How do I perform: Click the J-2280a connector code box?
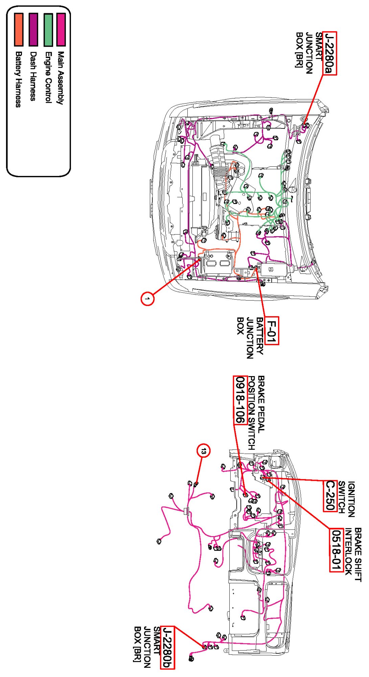tap(330, 53)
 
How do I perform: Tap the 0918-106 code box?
tap(239, 400)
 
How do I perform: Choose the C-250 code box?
tap(329, 495)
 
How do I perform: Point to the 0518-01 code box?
tap(336, 550)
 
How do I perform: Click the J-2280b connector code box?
tap(167, 647)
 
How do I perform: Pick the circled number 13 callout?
tap(203, 451)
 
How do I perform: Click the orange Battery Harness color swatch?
tap(19, 29)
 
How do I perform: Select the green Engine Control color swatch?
tap(48, 30)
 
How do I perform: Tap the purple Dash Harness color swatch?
tap(33, 29)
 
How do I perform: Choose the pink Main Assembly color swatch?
tap(61, 29)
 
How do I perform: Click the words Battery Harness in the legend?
tap(19, 79)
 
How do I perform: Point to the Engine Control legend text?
tap(48, 77)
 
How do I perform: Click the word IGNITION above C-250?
tap(351, 499)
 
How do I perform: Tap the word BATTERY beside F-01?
tap(260, 336)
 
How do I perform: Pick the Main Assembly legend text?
tap(61, 78)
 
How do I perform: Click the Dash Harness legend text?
tap(33, 76)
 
